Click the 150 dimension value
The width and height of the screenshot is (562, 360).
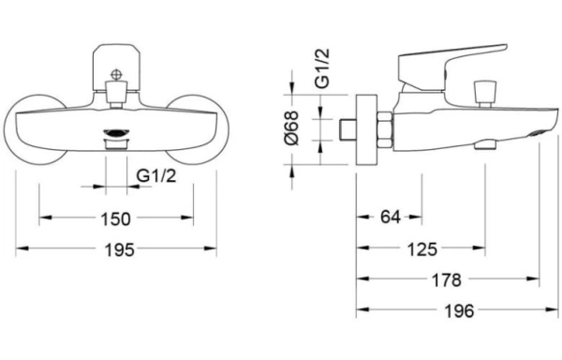116,218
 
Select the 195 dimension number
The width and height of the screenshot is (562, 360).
119,249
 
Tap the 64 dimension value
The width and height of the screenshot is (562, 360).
391,217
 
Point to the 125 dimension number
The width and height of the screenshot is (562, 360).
422,248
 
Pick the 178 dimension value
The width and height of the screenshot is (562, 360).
447,279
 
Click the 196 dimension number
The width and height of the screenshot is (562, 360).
459,310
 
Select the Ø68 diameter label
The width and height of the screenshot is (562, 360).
291,128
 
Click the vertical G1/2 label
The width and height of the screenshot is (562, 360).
322,68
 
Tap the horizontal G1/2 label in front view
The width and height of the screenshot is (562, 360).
156,175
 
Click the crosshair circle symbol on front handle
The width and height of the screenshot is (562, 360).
116,75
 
